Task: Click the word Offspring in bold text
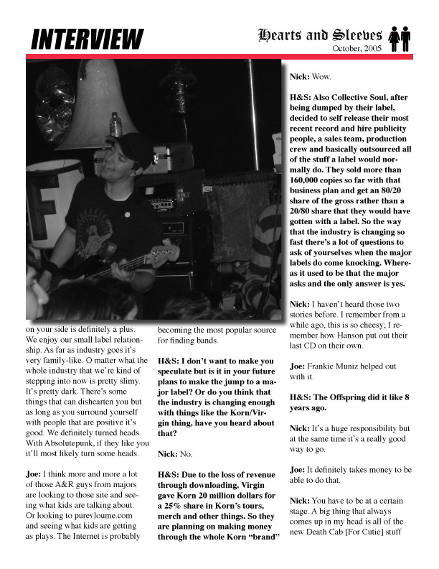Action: click(x=354, y=396)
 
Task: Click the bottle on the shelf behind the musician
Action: click(x=115, y=124)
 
